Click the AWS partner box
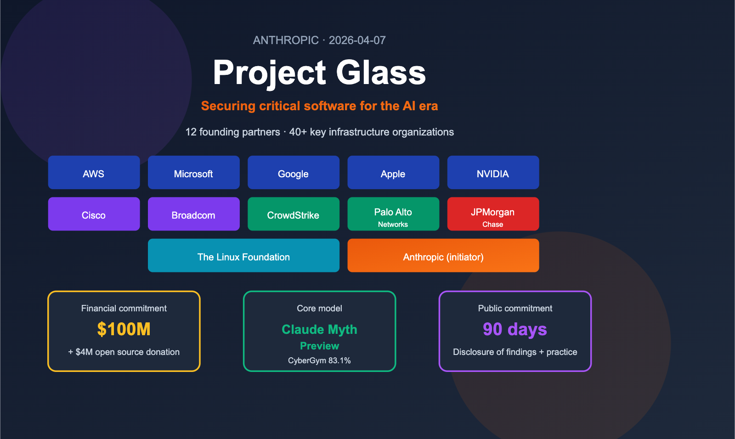94,173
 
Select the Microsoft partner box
193,173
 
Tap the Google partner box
293,173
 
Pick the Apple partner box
393,173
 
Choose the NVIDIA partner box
493,173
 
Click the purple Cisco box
94,214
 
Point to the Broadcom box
193,214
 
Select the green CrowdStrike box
293,214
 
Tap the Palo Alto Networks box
393,214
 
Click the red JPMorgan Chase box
493,214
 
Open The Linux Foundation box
243,256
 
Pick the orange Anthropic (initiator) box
443,256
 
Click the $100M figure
124,329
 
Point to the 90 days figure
515,329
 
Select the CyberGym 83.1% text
319,360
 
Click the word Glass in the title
381,73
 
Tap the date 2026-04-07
357,40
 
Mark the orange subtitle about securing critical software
319,106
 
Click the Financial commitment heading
124,309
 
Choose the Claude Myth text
319,330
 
